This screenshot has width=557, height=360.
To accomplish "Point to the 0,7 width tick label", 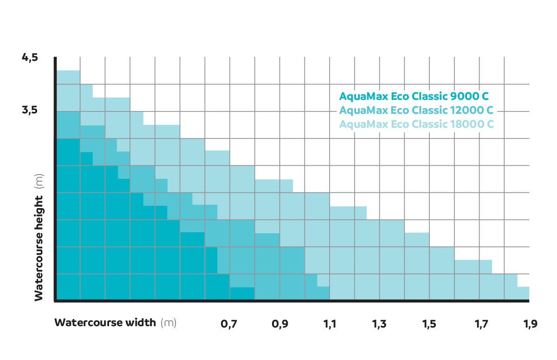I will [x=229, y=324].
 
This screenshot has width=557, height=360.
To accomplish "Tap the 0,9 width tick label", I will [x=279, y=324].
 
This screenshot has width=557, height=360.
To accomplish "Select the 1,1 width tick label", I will [x=330, y=324].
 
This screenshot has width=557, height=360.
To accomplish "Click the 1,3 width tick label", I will [x=379, y=324].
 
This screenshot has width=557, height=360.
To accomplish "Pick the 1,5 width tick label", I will [x=429, y=324].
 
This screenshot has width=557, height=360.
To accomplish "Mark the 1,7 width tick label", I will [x=479, y=324].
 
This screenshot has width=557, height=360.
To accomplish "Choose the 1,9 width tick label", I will [x=529, y=324].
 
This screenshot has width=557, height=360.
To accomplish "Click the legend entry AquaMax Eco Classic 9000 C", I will [x=414, y=97].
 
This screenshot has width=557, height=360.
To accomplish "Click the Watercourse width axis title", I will [x=105, y=323].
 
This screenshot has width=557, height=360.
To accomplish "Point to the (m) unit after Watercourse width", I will [x=168, y=323].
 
